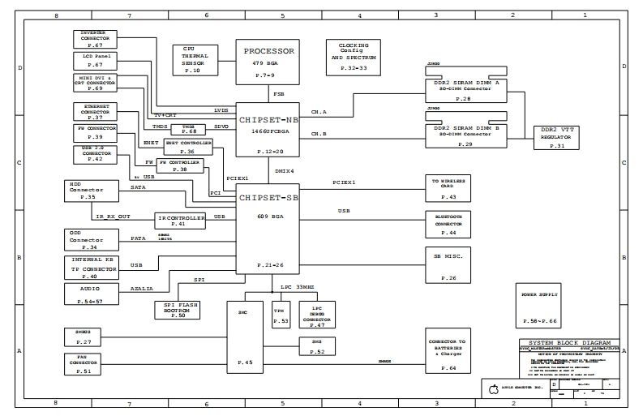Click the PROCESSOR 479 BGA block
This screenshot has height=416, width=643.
coord(269,62)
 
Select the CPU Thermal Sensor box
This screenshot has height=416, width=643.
coord(193,60)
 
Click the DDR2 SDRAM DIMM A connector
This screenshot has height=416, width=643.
coord(465,88)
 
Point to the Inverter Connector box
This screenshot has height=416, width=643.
coord(94,39)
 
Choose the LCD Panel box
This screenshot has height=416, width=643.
coord(94,60)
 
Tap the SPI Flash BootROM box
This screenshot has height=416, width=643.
coord(177,309)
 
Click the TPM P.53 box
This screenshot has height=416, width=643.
coord(280,316)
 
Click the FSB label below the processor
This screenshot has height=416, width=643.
coord(278,94)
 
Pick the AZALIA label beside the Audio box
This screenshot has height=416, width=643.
coord(141,288)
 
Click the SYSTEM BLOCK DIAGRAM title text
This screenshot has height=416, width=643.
coord(568,343)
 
